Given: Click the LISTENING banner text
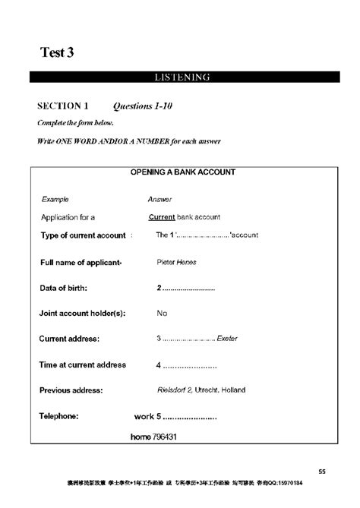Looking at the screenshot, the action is [182, 77].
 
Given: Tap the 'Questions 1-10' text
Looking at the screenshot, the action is [143, 106].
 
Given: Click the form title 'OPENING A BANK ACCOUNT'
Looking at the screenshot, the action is [182, 172].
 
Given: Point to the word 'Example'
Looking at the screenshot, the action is [55, 199].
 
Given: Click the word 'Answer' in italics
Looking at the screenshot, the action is [159, 199].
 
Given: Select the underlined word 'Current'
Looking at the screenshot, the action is [163, 217].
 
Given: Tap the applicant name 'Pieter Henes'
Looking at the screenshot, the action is [176, 263].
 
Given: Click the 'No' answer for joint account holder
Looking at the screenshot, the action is [161, 313].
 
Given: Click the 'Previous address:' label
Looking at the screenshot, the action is [71, 390].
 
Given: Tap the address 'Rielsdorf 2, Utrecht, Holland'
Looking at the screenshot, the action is [201, 390].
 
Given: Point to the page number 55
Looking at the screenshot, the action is [322, 471].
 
